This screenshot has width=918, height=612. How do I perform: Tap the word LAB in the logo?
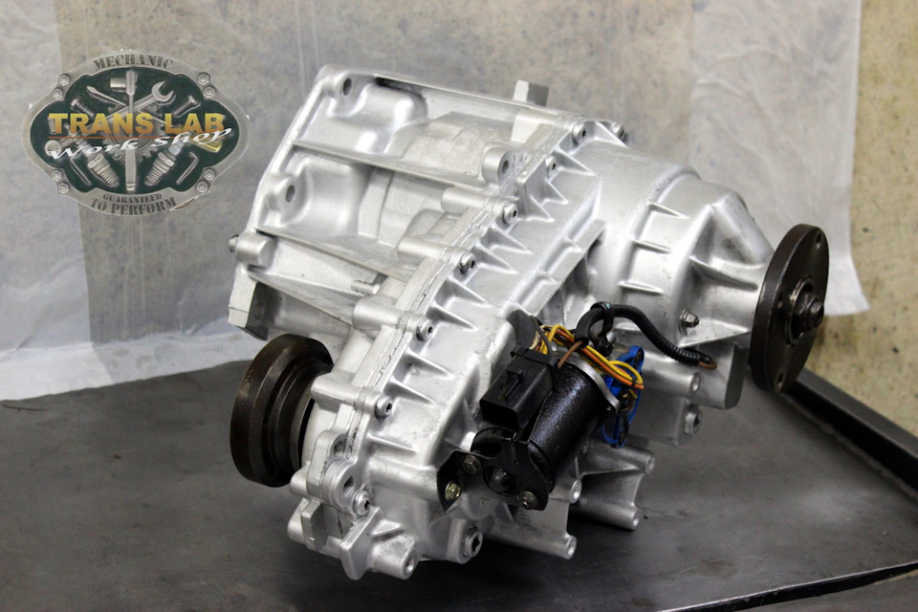[197, 122]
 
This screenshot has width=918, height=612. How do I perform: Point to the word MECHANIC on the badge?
[134, 61]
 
